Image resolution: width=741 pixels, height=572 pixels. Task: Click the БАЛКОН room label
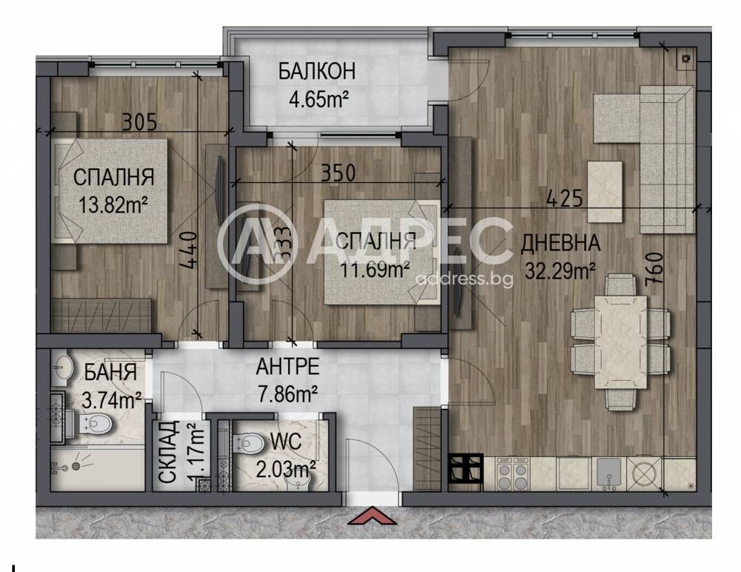pyautogui.click(x=316, y=71)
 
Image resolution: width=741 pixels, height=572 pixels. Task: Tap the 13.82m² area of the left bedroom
pyautogui.click(x=113, y=206)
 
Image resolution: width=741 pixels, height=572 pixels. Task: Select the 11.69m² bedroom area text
pyautogui.click(x=375, y=270)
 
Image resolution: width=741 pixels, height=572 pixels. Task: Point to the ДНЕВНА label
pyautogui.click(x=560, y=243)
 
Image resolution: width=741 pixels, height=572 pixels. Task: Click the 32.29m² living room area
pyautogui.click(x=560, y=271)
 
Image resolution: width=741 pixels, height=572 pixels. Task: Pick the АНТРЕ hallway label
pyautogui.click(x=288, y=366)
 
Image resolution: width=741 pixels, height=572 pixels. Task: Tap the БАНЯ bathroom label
pyautogui.click(x=110, y=372)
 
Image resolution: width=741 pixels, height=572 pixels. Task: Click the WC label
pyautogui.click(x=286, y=442)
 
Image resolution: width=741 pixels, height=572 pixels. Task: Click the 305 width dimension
pyautogui.click(x=139, y=122)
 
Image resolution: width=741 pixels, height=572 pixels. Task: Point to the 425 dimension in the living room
pyautogui.click(x=564, y=199)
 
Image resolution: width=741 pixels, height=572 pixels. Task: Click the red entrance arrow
pyautogui.click(x=372, y=516)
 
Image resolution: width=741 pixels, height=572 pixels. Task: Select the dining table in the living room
pyautogui.click(x=620, y=342)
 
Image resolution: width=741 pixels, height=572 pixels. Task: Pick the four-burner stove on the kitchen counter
pyautogui.click(x=513, y=473)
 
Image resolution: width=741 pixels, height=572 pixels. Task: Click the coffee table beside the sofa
pyautogui.click(x=605, y=191)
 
